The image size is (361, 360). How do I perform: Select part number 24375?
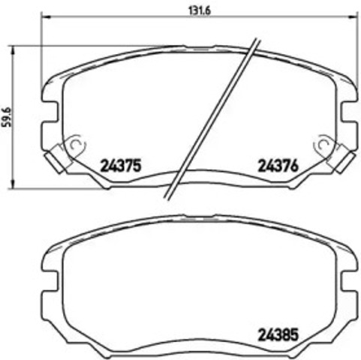point(121,166)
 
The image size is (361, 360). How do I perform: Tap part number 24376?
point(278,166)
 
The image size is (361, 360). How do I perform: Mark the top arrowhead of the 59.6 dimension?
point(16,48)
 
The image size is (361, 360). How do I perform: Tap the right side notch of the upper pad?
point(347,110)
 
